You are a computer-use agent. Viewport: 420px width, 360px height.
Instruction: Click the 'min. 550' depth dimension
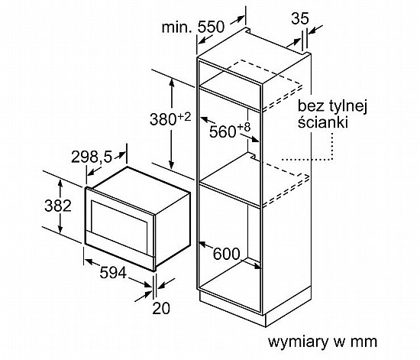coord(193,27)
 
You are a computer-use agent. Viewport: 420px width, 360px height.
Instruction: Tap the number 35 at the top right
coord(300,18)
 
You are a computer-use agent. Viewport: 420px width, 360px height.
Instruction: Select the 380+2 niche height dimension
coord(170,119)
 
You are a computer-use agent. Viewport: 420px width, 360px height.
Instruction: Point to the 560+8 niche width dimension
coord(230,130)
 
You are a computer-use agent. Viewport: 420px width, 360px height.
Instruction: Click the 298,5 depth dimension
coord(92,157)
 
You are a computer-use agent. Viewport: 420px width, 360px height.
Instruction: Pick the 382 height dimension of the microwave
coord(58,206)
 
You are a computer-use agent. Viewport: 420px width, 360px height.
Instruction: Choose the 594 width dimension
coord(113,273)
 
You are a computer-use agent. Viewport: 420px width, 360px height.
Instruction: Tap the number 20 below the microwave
coord(161,308)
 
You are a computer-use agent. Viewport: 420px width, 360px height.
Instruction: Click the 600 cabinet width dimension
coord(226,254)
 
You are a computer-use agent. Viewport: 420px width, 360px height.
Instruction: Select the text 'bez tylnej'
coord(332,107)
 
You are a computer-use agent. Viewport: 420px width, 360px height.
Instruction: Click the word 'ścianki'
coord(323,122)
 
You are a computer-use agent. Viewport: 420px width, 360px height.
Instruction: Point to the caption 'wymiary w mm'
coord(322,342)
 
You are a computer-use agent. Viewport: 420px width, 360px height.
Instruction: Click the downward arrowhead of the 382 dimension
coord(60,229)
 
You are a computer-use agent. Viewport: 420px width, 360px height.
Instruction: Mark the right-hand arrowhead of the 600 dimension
coord(257,266)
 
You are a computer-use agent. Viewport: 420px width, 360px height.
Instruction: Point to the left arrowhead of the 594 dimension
coord(89,261)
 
